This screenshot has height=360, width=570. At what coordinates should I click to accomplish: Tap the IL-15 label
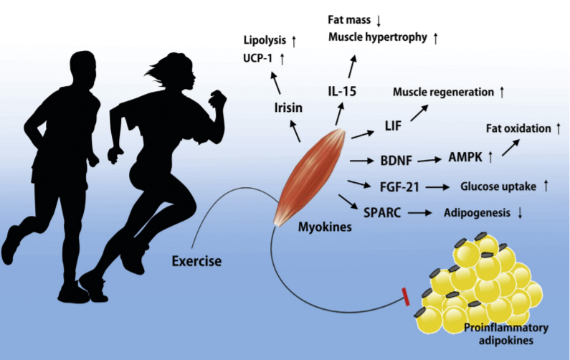pyautogui.click(x=342, y=90)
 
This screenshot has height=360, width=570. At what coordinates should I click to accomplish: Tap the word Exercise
pyautogui.click(x=196, y=260)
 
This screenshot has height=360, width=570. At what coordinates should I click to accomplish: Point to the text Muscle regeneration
pyautogui.click(x=443, y=93)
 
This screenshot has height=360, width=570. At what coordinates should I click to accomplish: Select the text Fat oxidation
pyautogui.click(x=518, y=129)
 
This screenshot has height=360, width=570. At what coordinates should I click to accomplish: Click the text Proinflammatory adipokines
pyautogui.click(x=507, y=333)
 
